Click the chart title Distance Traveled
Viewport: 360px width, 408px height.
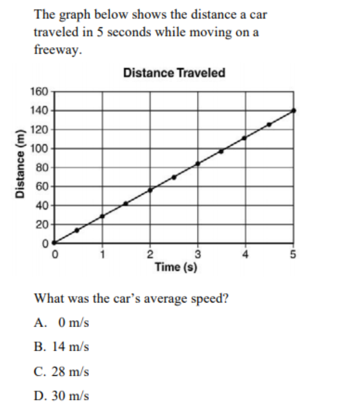click(174, 73)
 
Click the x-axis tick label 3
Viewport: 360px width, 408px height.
click(197, 254)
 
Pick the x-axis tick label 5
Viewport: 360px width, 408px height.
click(293, 254)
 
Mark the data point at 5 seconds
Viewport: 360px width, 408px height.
click(294, 110)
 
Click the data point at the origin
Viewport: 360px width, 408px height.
click(53, 243)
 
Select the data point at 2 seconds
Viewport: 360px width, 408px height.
click(150, 190)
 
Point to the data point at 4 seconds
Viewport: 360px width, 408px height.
click(244, 138)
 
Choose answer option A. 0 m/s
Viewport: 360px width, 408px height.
click(61, 322)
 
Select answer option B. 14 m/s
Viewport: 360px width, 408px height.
click(61, 346)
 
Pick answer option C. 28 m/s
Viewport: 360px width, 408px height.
click(61, 371)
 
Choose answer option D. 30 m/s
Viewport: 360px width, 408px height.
click(61, 396)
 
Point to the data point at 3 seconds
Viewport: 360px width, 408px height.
click(197, 163)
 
